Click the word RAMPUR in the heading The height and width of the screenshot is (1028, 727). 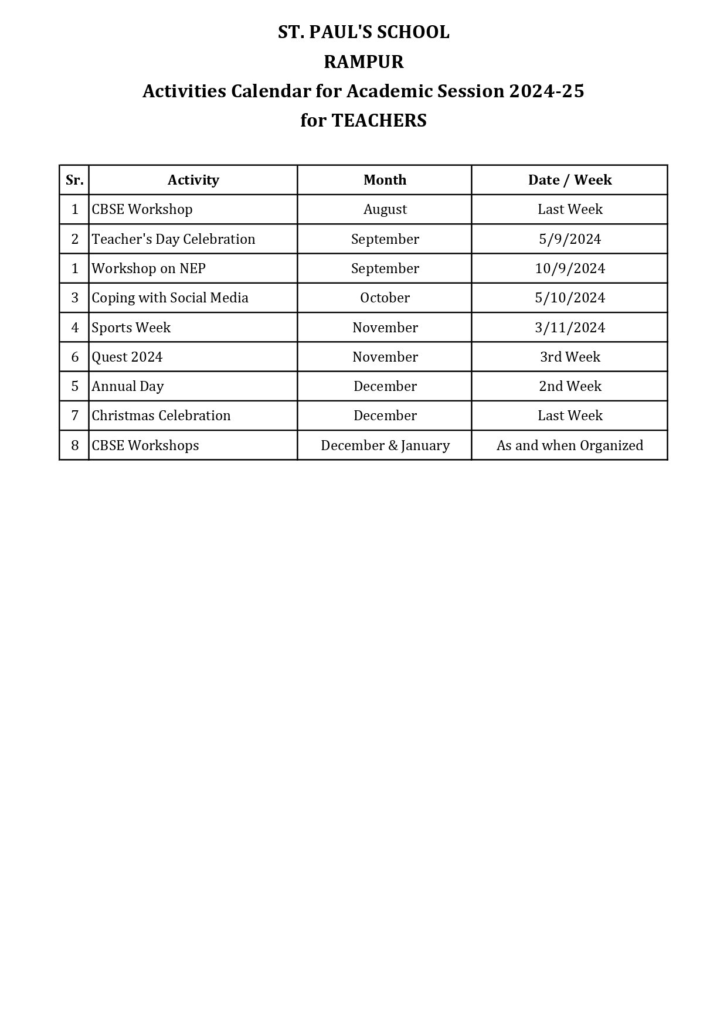pos(363,62)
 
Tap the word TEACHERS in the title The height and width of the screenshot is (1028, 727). pos(379,120)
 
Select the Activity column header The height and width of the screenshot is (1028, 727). pos(193,180)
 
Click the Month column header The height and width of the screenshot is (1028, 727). pos(385,180)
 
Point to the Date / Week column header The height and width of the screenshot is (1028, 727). pos(569,180)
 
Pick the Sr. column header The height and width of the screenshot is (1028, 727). pos(74,180)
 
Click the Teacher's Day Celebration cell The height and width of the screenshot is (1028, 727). pos(174,239)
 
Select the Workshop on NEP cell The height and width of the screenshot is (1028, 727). pos(148,268)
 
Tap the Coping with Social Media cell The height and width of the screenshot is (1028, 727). pos(170,298)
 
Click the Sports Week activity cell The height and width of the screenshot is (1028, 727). pos(131,328)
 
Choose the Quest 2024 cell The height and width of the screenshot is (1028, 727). pos(127,357)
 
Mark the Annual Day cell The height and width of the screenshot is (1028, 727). pos(128,386)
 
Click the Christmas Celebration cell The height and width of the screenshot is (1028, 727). pos(161,416)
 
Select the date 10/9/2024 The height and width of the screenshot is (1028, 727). pos(569,268)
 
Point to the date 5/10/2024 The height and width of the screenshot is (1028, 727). pos(569,298)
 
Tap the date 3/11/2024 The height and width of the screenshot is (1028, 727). pos(569,328)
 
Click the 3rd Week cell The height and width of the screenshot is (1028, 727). pos(569,357)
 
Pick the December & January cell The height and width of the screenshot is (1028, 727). pos(385,445)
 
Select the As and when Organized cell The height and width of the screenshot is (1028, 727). pos(569,445)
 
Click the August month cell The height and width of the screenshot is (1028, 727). pos(385,209)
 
